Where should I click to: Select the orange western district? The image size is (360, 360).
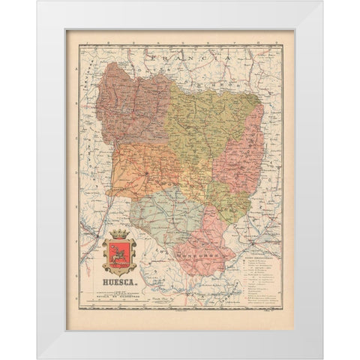point(146,169)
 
